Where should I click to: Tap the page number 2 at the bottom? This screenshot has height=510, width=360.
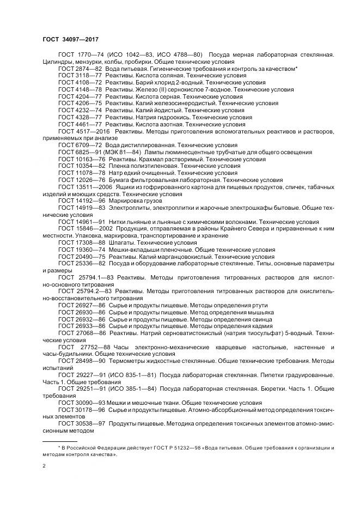(x=44, y=466)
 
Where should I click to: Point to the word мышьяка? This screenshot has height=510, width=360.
(x=259, y=313)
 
